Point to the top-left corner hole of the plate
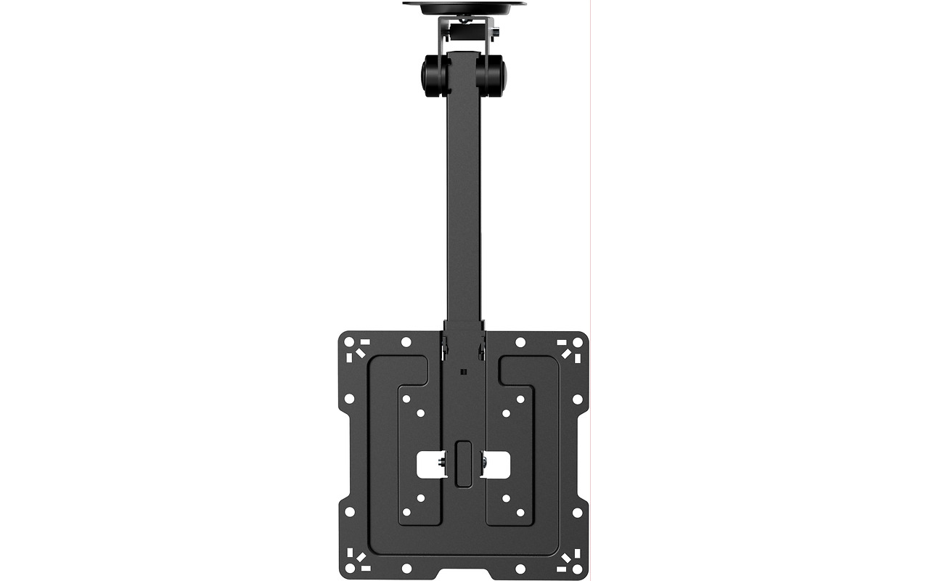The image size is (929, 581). point(348,342)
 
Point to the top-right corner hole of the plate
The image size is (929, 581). point(578,342)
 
